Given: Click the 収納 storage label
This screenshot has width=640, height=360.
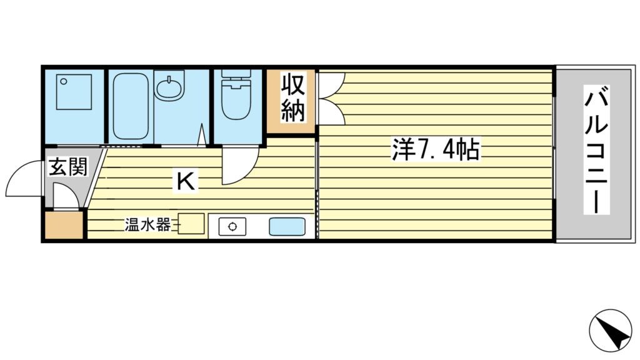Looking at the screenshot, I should (x=291, y=99).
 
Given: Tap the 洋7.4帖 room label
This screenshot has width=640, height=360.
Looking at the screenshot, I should (x=436, y=150).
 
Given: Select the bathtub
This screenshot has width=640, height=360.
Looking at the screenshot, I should (x=131, y=106).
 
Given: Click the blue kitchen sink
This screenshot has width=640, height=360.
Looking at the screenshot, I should (x=287, y=226).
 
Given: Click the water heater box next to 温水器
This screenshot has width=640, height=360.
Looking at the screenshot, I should (x=192, y=224).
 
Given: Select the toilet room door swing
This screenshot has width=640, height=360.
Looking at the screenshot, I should (x=239, y=166).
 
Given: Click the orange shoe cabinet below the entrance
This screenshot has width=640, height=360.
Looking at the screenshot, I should (x=64, y=226).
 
